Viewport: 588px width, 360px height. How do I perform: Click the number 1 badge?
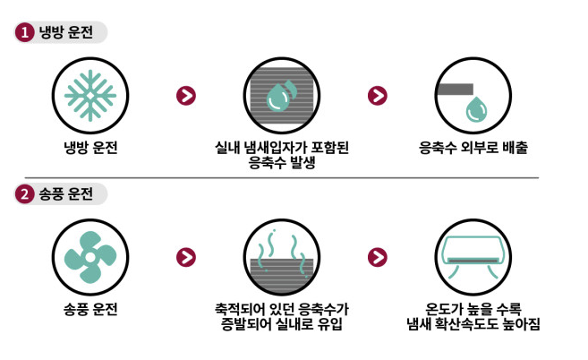point(24,32)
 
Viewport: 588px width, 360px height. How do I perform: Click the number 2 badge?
point(24,194)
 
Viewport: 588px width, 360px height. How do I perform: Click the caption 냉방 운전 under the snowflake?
point(90,148)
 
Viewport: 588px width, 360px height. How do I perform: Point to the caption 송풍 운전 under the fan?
point(90,309)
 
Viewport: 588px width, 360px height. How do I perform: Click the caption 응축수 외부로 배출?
point(473,148)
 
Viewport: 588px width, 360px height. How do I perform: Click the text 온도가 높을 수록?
point(473,309)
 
